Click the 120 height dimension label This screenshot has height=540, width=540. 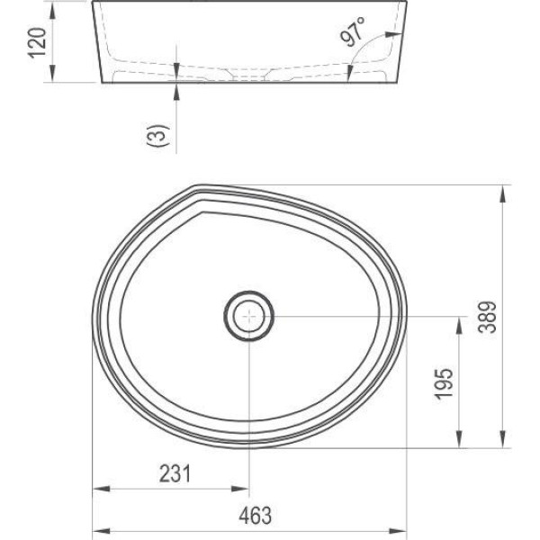tap(37, 43)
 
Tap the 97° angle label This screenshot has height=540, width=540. tap(353, 31)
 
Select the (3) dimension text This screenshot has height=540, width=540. tap(158, 135)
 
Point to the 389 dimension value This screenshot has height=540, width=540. tap(487, 317)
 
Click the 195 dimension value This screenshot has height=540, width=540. tap(444, 384)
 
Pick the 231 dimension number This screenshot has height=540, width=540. tap(175, 473)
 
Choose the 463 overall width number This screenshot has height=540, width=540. tap(256, 516)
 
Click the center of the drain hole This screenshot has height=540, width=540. tap(249, 316)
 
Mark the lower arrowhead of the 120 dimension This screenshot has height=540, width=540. tap(52, 74)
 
